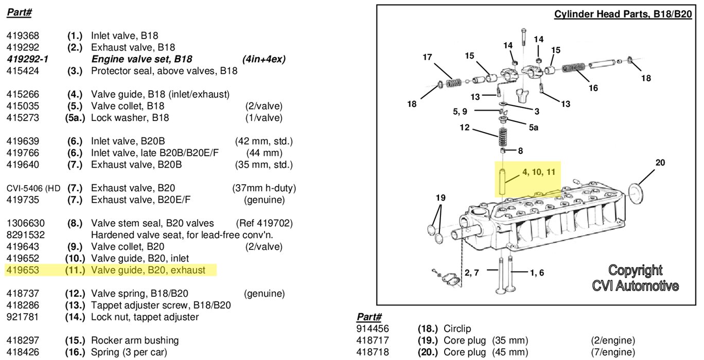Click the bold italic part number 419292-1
(28, 59)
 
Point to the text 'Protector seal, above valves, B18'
(164, 71)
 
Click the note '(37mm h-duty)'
(263, 188)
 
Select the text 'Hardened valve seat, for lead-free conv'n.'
(182, 235)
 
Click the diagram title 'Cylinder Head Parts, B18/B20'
(623, 14)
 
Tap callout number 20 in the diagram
(660, 163)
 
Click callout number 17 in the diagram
(427, 57)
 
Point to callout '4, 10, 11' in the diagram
(539, 172)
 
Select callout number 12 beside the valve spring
(465, 128)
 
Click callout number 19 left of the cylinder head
(441, 197)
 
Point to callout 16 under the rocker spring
(593, 88)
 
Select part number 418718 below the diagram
(373, 352)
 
